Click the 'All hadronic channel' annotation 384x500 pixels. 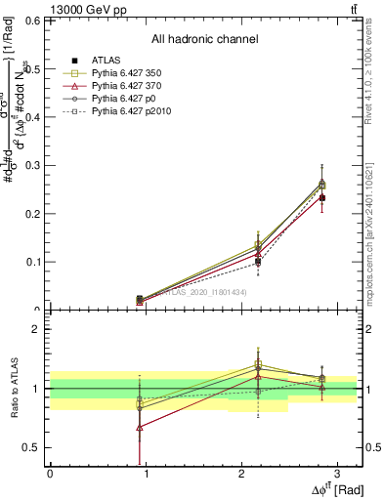click(x=204, y=39)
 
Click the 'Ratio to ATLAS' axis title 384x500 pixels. click(x=13, y=390)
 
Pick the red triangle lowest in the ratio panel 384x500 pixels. click(x=140, y=427)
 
